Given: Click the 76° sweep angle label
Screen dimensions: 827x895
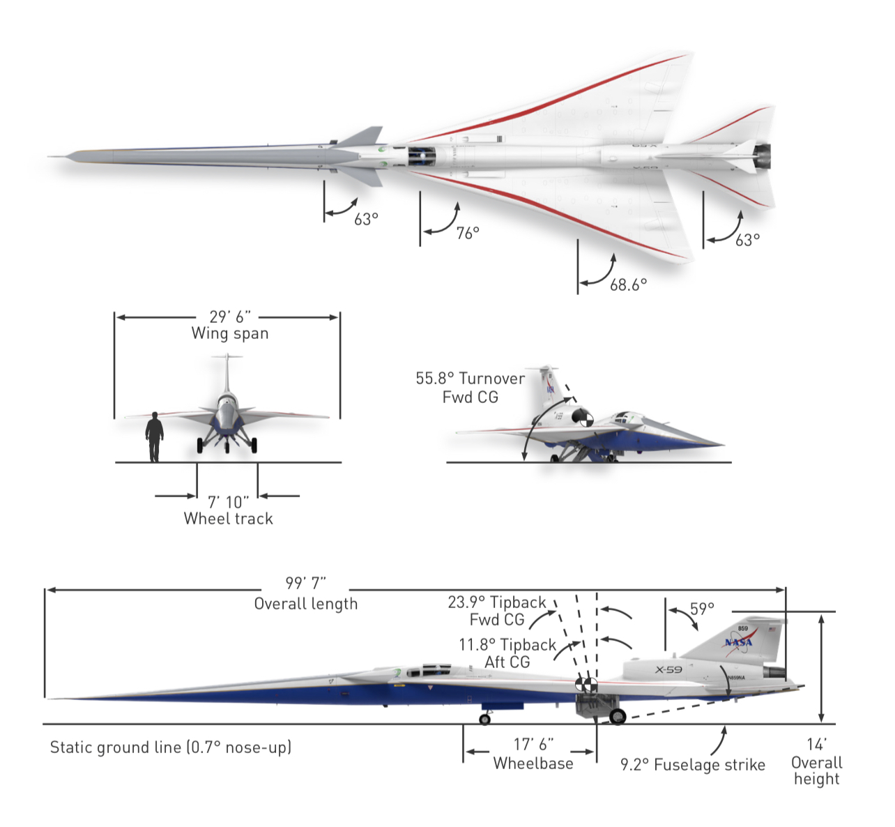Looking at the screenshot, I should (468, 233).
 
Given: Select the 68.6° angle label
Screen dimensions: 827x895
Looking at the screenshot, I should (628, 284).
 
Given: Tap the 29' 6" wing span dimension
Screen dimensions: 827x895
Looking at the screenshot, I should (229, 317).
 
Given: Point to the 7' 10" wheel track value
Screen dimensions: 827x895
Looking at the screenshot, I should (228, 502).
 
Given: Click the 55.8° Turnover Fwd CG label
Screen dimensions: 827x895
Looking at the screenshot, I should (470, 388).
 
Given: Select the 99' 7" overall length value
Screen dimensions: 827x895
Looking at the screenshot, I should (305, 583).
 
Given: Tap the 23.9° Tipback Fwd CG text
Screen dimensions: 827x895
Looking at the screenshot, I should (496, 611).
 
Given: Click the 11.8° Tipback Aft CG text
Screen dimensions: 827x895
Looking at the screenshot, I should (507, 653).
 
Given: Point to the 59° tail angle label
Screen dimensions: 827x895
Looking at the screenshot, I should (702, 609).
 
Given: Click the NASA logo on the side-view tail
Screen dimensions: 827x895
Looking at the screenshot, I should (738, 642).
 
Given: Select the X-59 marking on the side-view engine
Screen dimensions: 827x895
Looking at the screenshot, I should (668, 670).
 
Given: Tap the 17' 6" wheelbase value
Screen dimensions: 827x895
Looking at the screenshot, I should (533, 745).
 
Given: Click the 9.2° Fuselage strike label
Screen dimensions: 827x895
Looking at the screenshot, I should (692, 765).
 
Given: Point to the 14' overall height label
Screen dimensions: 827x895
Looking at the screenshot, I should (816, 761).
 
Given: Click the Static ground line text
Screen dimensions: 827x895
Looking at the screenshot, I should (171, 748).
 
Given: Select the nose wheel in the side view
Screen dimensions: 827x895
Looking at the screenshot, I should (485, 719).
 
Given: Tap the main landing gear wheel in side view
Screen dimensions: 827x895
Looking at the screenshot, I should (618, 716).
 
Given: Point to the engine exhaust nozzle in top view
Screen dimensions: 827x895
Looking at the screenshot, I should (763, 156).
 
